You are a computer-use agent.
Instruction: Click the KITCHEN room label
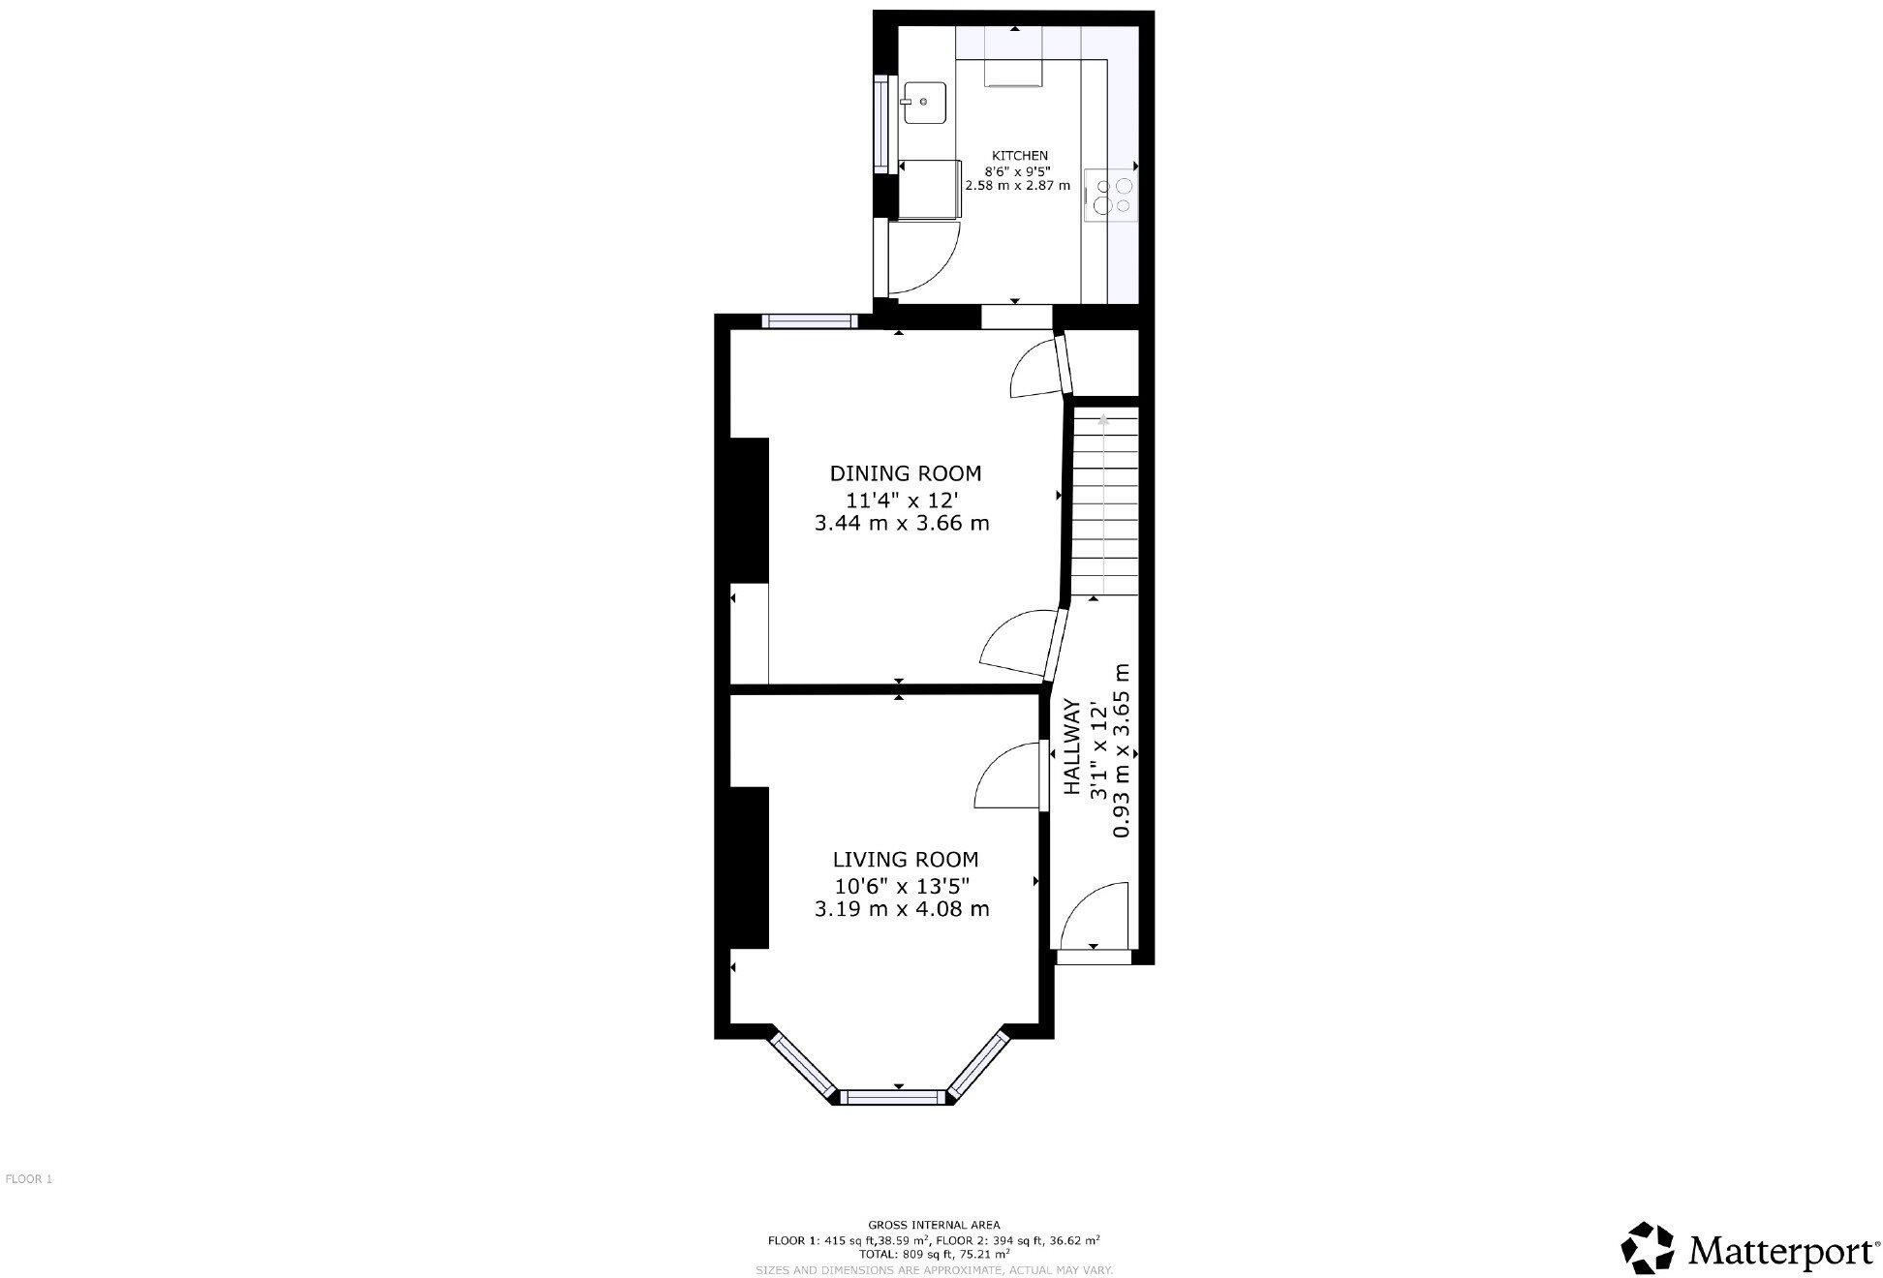pyautogui.click(x=1019, y=155)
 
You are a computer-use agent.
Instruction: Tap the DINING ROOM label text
pyautogui.click(x=905, y=473)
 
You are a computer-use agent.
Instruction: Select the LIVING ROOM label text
pyautogui.click(x=905, y=859)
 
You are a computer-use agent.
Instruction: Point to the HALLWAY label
pyautogui.click(x=1072, y=747)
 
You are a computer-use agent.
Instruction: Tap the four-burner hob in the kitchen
pyautogui.click(x=1112, y=196)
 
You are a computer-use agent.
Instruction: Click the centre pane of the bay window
pyautogui.click(x=893, y=1097)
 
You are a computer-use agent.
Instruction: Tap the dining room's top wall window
pyautogui.click(x=808, y=321)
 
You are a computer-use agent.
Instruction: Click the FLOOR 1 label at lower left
pyautogui.click(x=29, y=1179)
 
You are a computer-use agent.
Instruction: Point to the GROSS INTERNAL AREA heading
pyautogui.click(x=934, y=1225)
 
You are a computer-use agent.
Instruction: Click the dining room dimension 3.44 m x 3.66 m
pyautogui.click(x=902, y=524)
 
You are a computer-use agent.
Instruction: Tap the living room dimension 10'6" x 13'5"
pyautogui.click(x=902, y=885)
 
